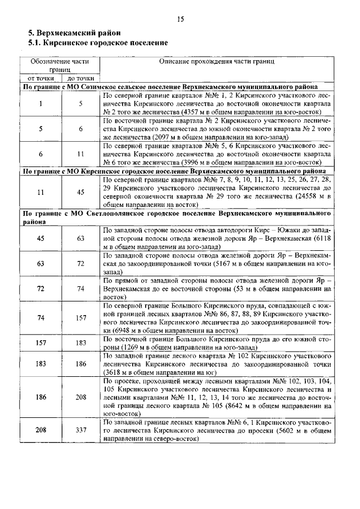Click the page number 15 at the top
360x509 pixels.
[x=180, y=19]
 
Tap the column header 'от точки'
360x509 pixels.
[x=40, y=79]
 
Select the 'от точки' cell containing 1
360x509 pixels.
[x=40, y=103]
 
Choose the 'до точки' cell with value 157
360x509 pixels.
[x=81, y=318]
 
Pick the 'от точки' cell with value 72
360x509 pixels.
[x=40, y=289]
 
